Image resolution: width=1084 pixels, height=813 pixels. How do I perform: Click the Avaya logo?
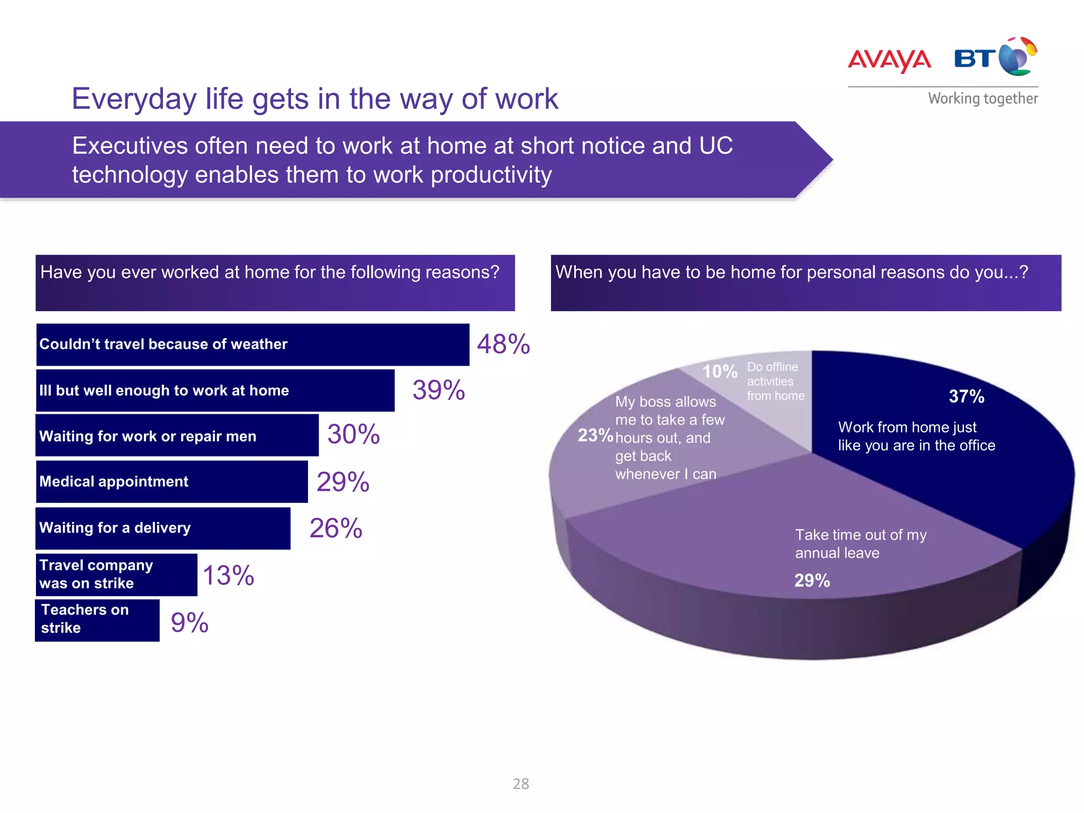point(889,60)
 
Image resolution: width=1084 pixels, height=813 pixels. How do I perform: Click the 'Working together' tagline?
point(983,98)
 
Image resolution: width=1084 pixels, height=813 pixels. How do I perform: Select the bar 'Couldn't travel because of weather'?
point(252,345)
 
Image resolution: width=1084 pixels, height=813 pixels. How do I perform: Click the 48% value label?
point(503,344)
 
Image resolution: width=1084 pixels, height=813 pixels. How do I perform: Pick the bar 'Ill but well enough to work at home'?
point(215,391)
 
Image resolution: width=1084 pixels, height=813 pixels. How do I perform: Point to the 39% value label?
point(438,390)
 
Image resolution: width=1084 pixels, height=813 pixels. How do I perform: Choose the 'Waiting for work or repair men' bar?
point(177,436)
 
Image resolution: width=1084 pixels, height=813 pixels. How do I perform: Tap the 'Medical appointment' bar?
point(171,482)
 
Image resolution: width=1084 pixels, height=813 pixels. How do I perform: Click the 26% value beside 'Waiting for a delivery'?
point(336,528)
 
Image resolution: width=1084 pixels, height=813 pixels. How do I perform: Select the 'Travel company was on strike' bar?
point(116,575)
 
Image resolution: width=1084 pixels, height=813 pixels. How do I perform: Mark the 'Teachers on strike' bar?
point(97,620)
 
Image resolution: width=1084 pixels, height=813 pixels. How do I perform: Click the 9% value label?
point(189,622)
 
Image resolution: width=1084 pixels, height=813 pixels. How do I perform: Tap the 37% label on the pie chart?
point(966,396)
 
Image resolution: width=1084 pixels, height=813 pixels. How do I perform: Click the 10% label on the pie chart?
point(719,372)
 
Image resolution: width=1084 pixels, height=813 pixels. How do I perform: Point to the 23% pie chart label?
point(595,435)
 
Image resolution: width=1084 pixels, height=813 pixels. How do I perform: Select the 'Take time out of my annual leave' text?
point(860,544)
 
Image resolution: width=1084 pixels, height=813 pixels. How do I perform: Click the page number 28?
point(521,784)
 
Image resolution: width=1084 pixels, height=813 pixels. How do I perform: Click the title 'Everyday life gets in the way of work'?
point(315,99)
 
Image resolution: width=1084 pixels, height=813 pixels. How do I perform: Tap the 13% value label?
point(228,575)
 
